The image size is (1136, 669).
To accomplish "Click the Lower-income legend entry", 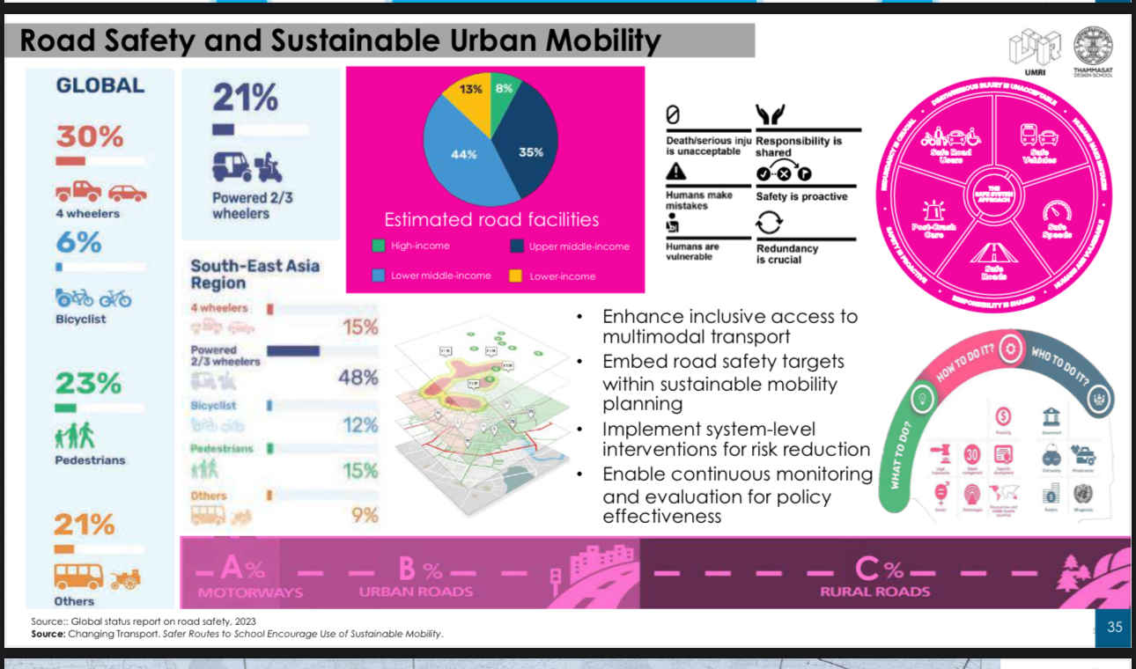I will click(562, 276).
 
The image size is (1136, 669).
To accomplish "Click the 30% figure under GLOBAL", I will click(90, 137).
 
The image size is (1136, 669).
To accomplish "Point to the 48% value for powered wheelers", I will click(358, 378).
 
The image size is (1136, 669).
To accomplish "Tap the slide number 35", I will click(1114, 627).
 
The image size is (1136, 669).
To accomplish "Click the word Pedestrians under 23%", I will click(90, 459).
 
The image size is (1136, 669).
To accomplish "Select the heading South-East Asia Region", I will click(254, 274).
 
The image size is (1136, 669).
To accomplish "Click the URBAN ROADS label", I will click(416, 592).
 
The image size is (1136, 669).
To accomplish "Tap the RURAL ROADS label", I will click(874, 592).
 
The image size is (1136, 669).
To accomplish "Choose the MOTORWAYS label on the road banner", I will click(249, 592).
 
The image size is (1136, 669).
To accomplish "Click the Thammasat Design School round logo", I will click(1093, 45).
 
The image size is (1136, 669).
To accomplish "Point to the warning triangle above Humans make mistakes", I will click(675, 171).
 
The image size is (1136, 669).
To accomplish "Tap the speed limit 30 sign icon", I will click(971, 454).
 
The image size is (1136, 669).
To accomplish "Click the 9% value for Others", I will click(365, 515).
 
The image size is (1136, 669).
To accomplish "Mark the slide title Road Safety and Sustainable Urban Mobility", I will click(340, 40).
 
